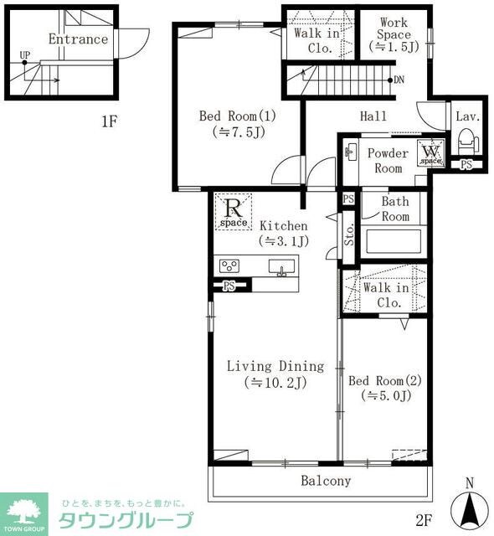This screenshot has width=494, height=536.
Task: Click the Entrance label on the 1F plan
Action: tap(78, 39)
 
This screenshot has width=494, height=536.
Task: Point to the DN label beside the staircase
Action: tap(399, 80)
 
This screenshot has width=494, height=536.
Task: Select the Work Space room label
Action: tap(394, 28)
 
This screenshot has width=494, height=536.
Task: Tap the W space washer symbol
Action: tap(431, 153)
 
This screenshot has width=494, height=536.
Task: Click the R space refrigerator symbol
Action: tap(234, 212)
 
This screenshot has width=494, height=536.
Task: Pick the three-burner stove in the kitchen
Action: tap(229, 266)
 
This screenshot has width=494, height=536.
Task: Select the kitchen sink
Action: tap(281, 266)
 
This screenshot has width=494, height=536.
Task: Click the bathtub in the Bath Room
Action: tap(394, 241)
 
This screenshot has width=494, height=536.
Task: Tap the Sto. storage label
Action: tap(349, 234)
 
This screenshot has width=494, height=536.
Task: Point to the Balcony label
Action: tap(326, 481)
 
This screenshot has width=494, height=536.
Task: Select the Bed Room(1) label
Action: tap(238, 116)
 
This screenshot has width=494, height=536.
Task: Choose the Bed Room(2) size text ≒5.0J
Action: tap(386, 395)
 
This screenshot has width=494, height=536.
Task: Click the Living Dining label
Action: tap(275, 366)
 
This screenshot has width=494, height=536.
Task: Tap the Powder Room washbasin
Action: tap(351, 152)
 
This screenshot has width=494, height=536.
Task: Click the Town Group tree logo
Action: tap(24, 512)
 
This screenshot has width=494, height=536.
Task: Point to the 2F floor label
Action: tap(424, 520)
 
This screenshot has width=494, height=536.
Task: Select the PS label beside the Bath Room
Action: tap(348, 199)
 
